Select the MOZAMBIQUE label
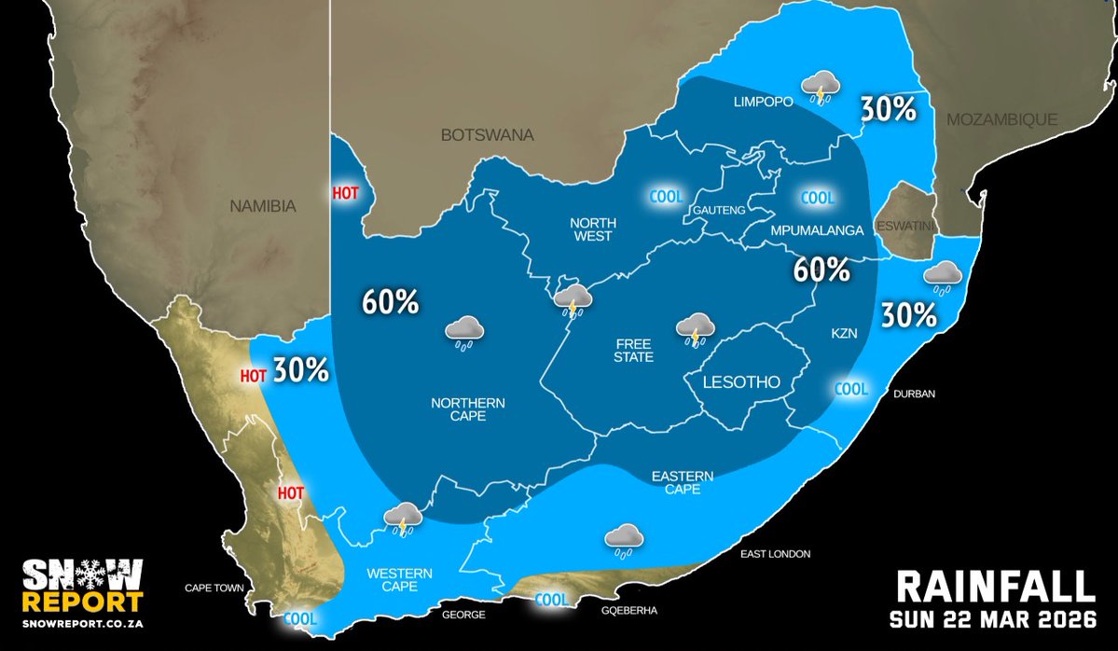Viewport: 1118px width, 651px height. click(x=1001, y=119)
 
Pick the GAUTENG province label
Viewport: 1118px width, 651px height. click(x=719, y=211)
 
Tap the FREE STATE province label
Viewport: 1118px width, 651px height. click(x=634, y=350)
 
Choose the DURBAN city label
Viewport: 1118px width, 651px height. click(x=914, y=395)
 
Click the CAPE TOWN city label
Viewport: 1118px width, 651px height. click(x=214, y=589)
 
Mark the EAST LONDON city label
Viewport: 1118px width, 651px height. click(x=775, y=554)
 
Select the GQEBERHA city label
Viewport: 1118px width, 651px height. click(x=631, y=611)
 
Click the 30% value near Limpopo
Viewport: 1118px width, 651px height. click(x=888, y=109)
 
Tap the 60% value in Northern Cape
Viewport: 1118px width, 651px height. click(x=391, y=303)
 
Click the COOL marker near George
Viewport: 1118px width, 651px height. click(x=550, y=601)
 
